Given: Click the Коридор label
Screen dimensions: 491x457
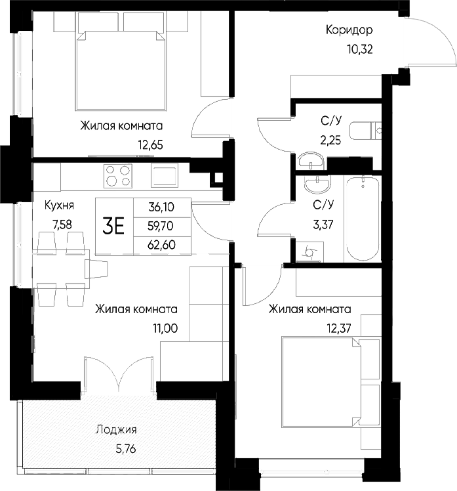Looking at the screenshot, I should (349, 30).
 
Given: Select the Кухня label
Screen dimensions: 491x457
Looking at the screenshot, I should (59, 205).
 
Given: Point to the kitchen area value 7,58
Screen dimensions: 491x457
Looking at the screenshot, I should (63, 224).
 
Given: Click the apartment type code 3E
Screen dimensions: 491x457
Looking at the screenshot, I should (114, 226).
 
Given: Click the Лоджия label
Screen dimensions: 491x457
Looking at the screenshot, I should (116, 431).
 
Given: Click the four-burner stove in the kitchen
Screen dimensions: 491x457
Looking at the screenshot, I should (117, 175).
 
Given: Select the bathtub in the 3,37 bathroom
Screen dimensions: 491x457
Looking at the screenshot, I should (362, 218).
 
